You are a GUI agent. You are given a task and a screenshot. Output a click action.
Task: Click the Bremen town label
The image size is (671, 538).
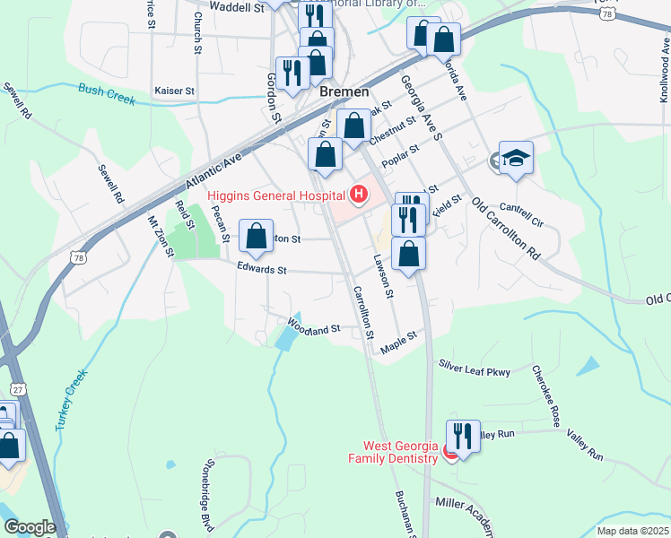[x=343, y=92]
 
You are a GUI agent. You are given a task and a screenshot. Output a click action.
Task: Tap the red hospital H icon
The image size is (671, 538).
[x=359, y=194]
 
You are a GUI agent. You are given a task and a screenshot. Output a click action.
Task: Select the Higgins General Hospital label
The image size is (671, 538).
[x=275, y=195]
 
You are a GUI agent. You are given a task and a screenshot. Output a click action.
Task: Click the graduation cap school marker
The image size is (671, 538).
[x=516, y=159]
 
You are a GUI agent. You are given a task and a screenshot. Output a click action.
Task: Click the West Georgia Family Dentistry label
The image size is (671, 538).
[x=399, y=452]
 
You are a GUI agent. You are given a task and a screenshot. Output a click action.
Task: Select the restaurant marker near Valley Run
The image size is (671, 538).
[x=463, y=437]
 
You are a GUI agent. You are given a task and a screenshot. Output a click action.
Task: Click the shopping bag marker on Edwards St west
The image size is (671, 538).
[x=257, y=237]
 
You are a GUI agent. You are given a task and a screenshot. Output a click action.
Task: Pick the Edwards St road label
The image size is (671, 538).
[x=262, y=269]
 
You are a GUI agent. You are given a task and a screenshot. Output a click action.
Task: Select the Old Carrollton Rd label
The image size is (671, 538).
[x=505, y=228]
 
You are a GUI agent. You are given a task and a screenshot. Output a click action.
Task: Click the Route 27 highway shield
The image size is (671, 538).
[x=17, y=389]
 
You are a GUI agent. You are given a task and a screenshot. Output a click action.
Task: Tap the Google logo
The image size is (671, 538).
[x=29, y=527]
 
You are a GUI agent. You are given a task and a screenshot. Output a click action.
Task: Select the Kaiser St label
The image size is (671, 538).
[x=174, y=91]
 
